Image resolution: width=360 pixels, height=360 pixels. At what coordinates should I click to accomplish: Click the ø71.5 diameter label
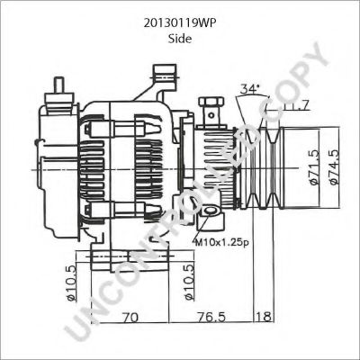314,166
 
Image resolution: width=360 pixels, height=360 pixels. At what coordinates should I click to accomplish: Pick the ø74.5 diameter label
334,166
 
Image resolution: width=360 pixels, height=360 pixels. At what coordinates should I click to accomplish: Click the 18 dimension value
264,317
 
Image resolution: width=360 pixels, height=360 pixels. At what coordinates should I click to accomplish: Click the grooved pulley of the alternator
274,169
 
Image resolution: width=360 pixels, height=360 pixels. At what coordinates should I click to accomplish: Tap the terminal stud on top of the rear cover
60,88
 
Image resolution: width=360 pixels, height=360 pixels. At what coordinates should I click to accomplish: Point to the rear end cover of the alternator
54,166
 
